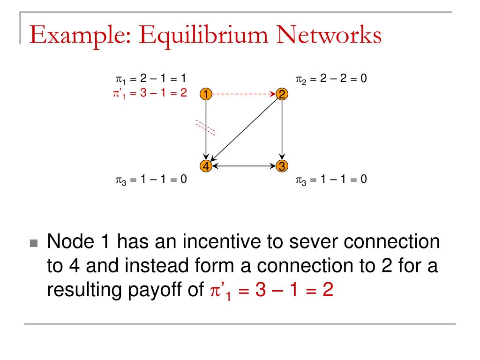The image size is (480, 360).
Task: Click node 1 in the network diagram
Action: (205, 94)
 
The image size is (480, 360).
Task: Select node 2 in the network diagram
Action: (282, 94)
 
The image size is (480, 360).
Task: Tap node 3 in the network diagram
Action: (282, 165)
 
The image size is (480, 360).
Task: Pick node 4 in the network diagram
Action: (205, 165)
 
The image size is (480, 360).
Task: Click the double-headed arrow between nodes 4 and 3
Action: (243, 165)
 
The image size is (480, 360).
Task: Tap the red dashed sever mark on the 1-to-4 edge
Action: (205, 127)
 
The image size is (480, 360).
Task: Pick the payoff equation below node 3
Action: (331, 180)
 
